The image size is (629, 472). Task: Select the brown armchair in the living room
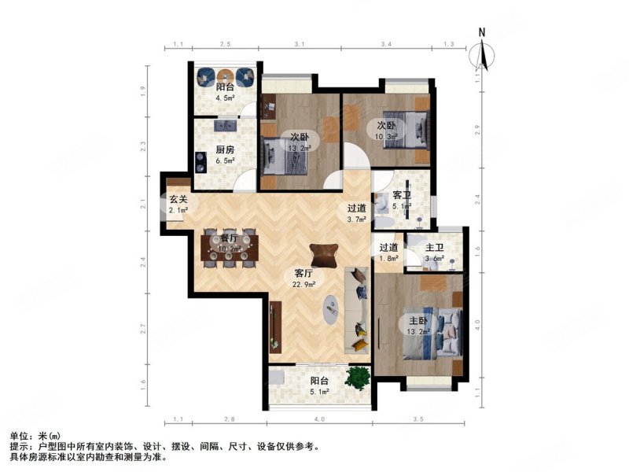[322, 254]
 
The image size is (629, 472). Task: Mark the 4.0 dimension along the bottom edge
[319, 420]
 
